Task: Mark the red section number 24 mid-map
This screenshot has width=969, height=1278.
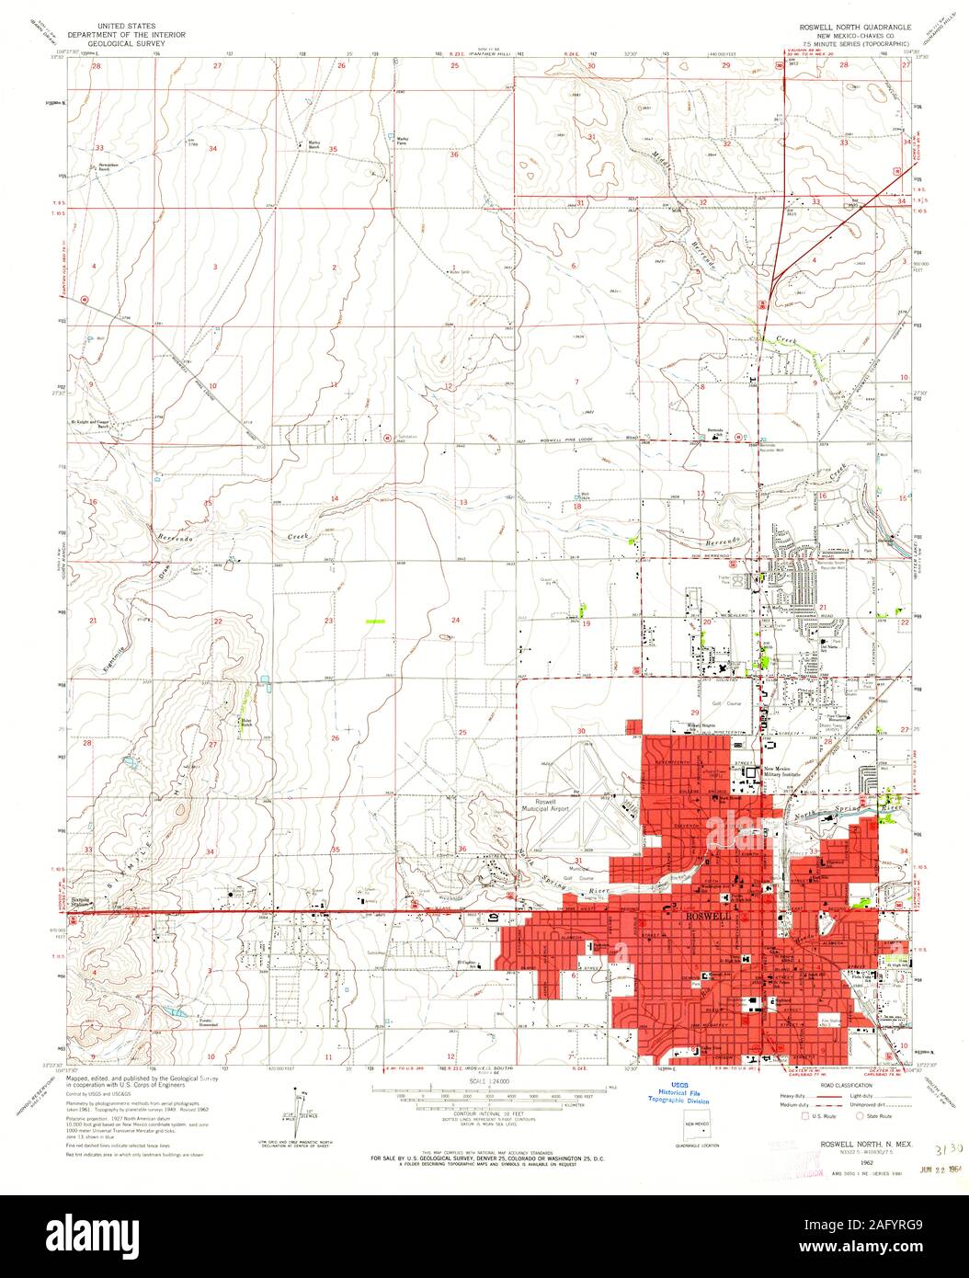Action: tap(454, 621)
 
